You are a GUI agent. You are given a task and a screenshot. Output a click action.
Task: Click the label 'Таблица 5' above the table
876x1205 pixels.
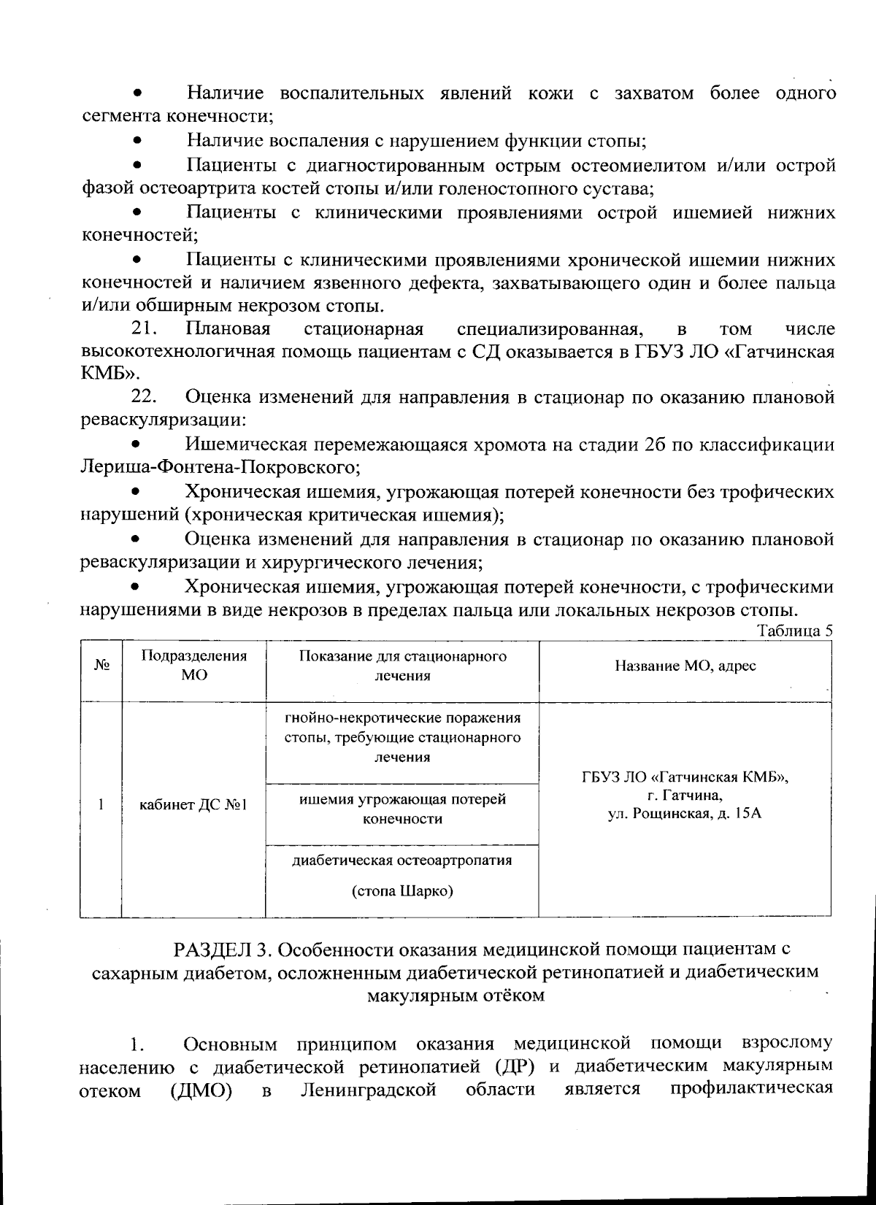coord(795,631)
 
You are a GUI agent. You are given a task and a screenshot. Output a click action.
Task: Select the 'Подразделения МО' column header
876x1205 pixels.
coord(193,665)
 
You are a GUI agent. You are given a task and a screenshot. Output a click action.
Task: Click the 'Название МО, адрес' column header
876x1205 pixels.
coord(685,666)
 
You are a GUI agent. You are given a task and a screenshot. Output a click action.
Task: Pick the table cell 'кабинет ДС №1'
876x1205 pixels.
coord(193,806)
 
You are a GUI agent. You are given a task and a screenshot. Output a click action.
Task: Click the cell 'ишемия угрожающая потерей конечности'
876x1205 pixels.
coord(402,809)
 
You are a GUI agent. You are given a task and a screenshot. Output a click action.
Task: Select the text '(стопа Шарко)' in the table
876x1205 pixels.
coord(402,891)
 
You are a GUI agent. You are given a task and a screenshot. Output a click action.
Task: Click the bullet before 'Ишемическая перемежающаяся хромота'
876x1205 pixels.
coord(135,444)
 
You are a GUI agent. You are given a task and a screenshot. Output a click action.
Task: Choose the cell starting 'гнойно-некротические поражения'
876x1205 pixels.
coord(402,736)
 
